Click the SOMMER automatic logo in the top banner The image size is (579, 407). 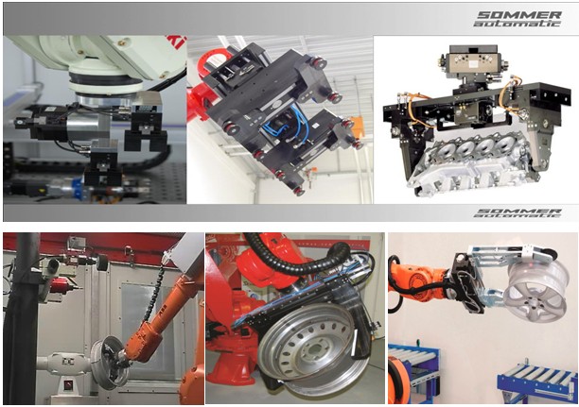pos(518,19)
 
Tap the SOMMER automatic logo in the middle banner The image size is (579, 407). pos(518,213)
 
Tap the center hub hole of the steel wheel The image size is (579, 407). pos(314,348)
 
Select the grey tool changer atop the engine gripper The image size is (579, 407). pos(468,62)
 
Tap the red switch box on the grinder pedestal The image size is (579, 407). pos(69,385)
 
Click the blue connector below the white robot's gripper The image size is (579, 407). pos(77,183)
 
